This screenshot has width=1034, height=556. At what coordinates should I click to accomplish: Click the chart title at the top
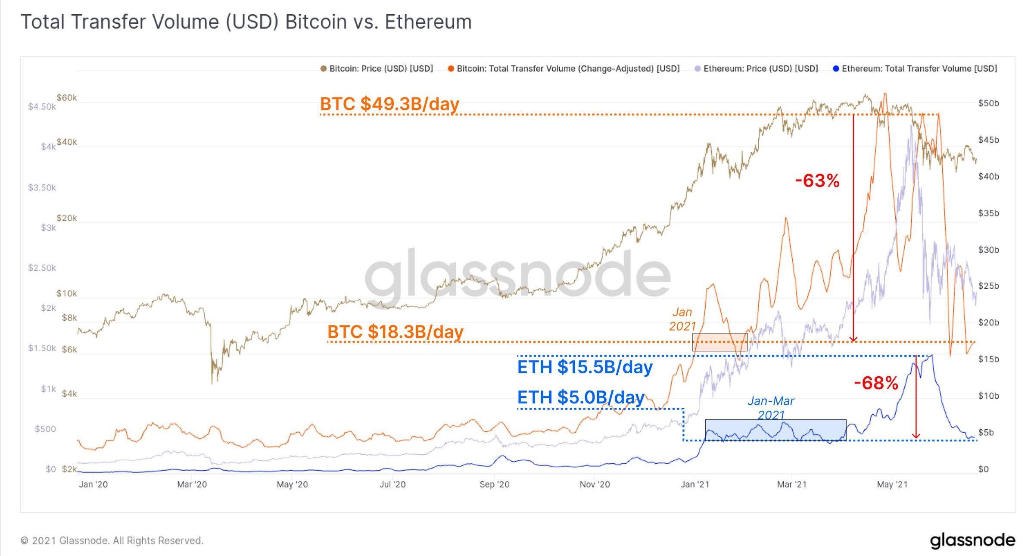coord(246,22)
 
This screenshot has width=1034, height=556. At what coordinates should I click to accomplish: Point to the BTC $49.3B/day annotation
coord(389,104)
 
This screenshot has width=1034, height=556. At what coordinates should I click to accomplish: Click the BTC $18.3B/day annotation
coord(395,331)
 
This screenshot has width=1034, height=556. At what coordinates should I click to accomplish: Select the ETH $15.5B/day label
coord(585,367)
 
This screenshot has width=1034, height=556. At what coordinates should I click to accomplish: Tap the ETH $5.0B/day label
coord(581,397)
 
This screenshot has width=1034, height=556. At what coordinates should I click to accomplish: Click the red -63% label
coord(817,181)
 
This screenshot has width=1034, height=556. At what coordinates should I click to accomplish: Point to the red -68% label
coord(876,383)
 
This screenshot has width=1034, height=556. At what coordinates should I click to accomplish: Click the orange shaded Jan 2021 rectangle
coord(719,342)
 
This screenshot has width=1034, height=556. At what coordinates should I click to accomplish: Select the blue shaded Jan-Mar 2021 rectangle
coord(775,430)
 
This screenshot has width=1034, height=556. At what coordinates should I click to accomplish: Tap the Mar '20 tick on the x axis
coord(192,484)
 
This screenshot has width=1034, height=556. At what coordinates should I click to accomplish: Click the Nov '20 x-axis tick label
coord(595,484)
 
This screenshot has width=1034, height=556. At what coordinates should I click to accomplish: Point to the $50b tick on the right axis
coord(988,103)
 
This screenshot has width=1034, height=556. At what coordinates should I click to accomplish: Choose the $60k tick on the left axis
coord(67,98)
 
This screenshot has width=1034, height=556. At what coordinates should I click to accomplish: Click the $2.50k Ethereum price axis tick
coord(42,268)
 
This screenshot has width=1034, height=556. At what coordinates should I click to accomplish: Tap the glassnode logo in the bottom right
coord(972,540)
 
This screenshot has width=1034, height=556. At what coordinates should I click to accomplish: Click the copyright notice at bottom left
coord(112,540)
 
